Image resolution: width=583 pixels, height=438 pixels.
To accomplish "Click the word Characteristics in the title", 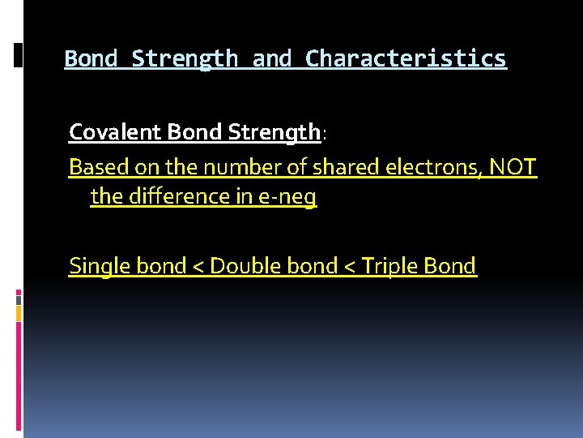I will click(x=406, y=59).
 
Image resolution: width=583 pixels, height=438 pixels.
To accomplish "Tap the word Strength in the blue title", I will click(x=185, y=59).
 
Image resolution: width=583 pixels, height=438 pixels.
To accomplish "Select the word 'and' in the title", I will click(x=272, y=59).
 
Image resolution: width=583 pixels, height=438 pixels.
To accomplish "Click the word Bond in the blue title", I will click(x=91, y=59).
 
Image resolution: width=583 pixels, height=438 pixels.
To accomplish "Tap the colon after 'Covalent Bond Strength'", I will click(x=324, y=133).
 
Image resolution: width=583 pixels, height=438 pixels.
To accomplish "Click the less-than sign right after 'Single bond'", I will click(x=198, y=267).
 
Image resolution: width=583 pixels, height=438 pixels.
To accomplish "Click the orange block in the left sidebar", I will click(x=19, y=311).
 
